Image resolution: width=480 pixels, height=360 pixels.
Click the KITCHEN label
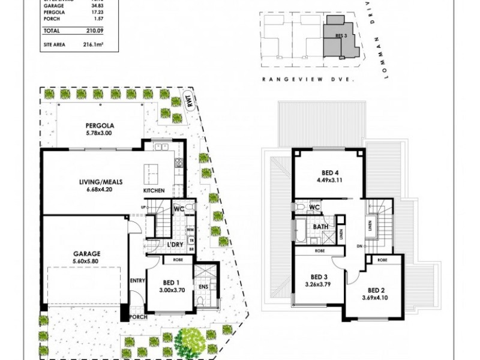(x=154, y=191)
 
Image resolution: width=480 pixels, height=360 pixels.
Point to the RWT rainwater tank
(x=190, y=103)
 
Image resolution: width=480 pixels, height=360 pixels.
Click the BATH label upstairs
(x=320, y=227)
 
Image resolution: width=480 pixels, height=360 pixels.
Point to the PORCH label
(x=139, y=316)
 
